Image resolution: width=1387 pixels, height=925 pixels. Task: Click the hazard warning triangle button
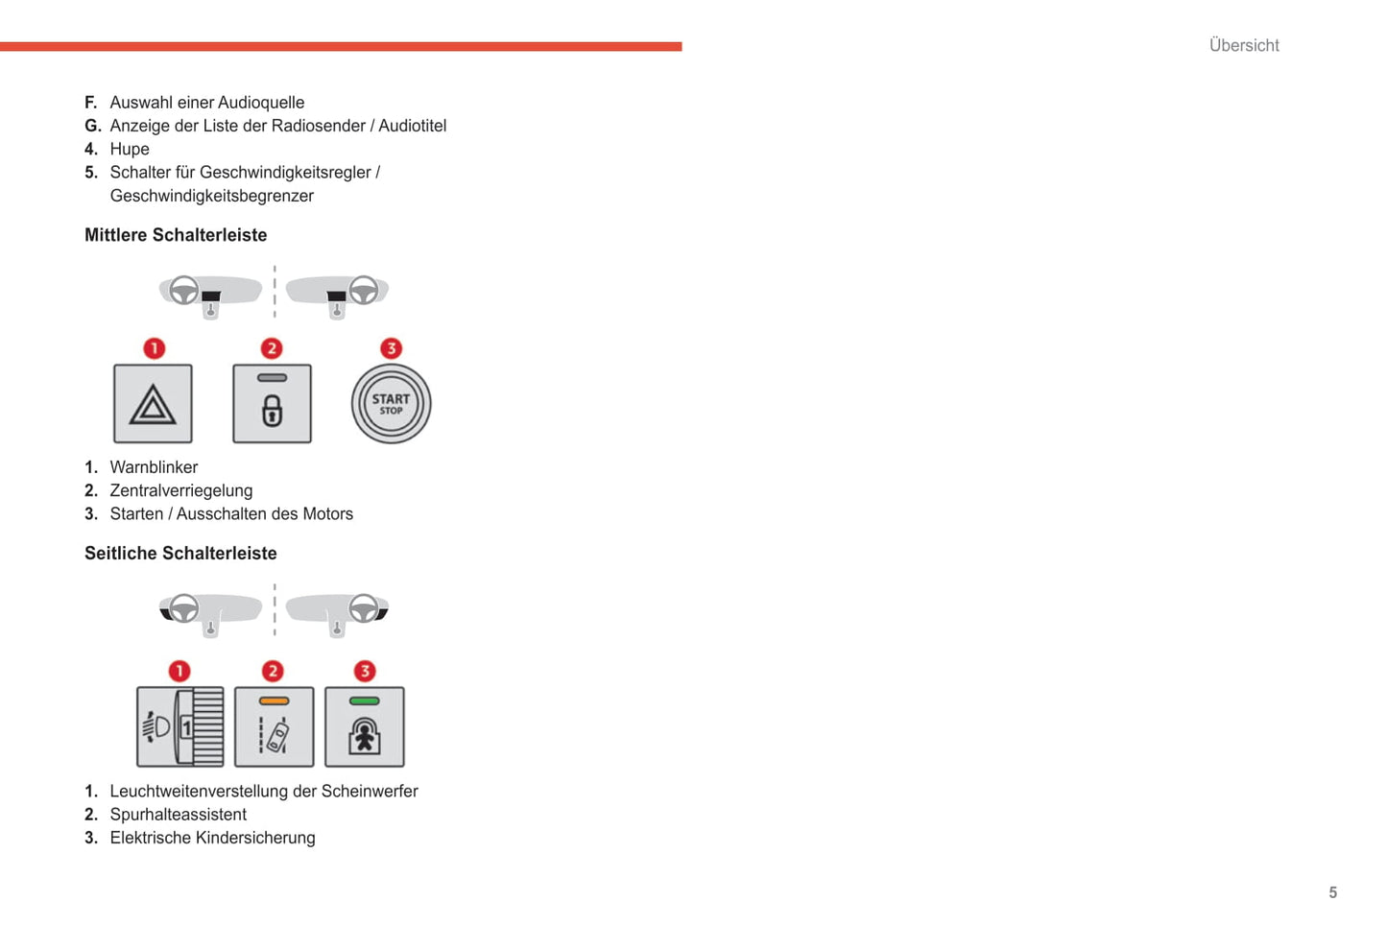coord(153,404)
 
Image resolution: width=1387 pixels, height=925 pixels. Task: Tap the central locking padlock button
coord(272,404)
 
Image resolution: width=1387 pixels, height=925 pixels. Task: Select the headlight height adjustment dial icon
coord(179,726)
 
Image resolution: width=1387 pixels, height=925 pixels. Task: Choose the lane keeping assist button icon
coord(274,727)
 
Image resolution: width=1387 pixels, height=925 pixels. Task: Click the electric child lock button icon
coord(364,727)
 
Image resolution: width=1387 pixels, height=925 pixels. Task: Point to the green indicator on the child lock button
coord(364,701)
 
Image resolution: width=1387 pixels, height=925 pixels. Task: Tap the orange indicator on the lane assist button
coord(274,701)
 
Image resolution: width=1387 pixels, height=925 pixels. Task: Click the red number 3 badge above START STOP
coord(391,348)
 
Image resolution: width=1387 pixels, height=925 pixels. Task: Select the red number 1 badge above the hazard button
coord(154,348)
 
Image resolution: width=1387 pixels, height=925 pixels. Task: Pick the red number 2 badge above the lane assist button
coord(273,671)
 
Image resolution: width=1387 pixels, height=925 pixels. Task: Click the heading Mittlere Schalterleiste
coord(176,235)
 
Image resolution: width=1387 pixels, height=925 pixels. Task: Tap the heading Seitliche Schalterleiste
coord(180,554)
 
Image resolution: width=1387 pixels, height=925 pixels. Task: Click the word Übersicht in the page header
coord(1244,45)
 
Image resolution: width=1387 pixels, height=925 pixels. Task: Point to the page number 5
coord(1332,892)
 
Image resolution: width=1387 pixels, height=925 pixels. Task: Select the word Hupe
coord(130,149)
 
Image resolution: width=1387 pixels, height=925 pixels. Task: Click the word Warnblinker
coord(154,467)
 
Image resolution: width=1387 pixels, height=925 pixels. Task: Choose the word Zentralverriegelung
coord(181,490)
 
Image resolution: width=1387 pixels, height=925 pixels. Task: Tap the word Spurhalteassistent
coord(178,815)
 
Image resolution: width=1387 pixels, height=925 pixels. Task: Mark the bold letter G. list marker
coord(92,126)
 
